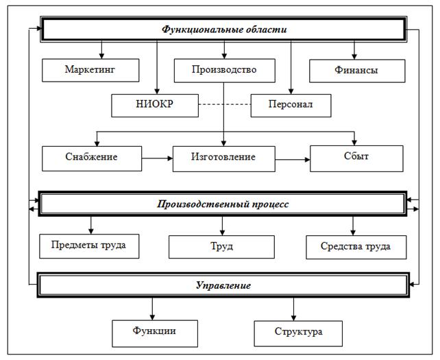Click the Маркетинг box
pyautogui.click(x=91, y=70)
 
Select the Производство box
pyautogui.click(x=224, y=70)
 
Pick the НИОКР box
pyautogui.click(x=155, y=106)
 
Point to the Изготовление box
pyautogui.click(x=223, y=158)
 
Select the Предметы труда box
pyautogui.click(x=90, y=245)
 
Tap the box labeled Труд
pyautogui.click(x=222, y=246)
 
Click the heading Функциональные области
pyautogui.click(x=223, y=30)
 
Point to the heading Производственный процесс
pyautogui.click(x=223, y=204)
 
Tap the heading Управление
pyautogui.click(x=222, y=285)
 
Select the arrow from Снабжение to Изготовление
pyautogui.click(x=157, y=158)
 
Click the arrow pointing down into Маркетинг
pyautogui.click(x=101, y=50)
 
